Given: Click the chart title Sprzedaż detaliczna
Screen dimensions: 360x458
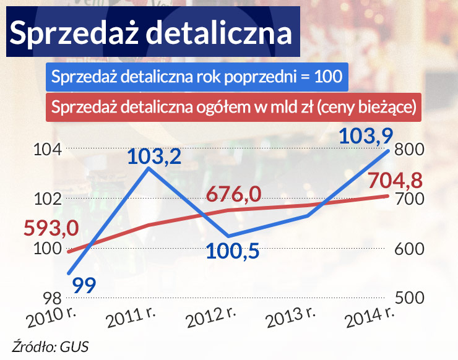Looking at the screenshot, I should click(x=151, y=33).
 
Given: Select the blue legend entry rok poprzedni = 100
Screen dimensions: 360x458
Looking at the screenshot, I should click(x=197, y=77).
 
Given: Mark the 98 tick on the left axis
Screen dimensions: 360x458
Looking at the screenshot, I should click(x=48, y=298).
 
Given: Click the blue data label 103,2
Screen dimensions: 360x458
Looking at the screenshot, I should click(x=154, y=157).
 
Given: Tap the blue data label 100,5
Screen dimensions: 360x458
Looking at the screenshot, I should click(x=232, y=252).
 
